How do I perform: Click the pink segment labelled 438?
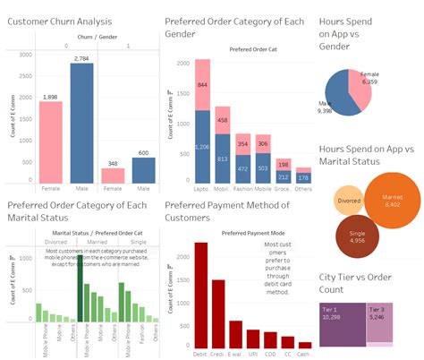[x=221, y=120]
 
